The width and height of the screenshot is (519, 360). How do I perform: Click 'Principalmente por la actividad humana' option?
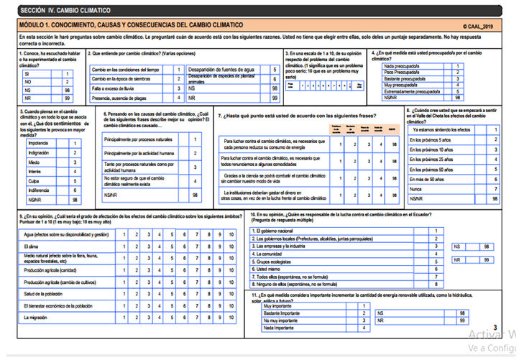click(x=138, y=153)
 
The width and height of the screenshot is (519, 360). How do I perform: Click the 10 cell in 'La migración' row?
click(x=231, y=317)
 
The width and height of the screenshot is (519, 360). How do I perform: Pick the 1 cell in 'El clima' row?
click(x=124, y=247)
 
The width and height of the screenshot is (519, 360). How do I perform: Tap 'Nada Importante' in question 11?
click(x=279, y=328)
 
